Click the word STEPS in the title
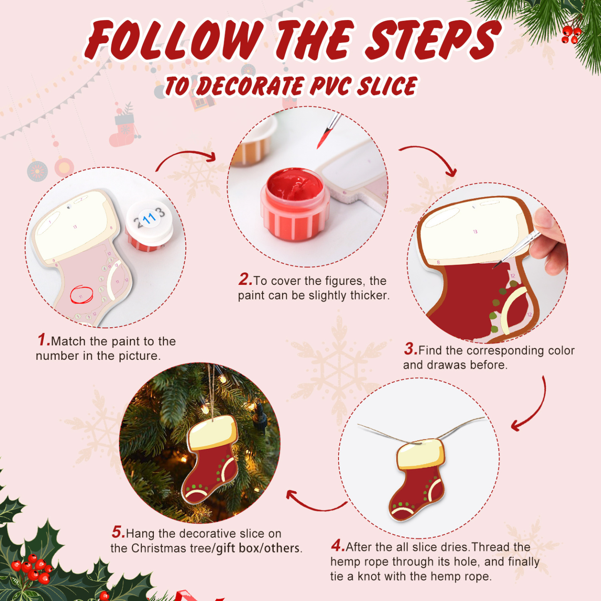(433, 40)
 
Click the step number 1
(43, 340)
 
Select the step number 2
(245, 279)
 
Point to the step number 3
(410, 349)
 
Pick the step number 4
(337, 545)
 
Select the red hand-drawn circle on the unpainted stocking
(82, 294)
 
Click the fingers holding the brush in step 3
(549, 241)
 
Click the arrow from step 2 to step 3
(430, 158)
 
